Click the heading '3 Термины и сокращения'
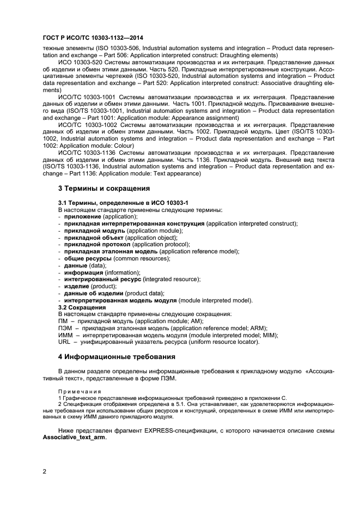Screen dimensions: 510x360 [104, 189]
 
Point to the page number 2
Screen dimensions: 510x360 [44, 472]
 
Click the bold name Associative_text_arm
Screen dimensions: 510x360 [74, 438]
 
